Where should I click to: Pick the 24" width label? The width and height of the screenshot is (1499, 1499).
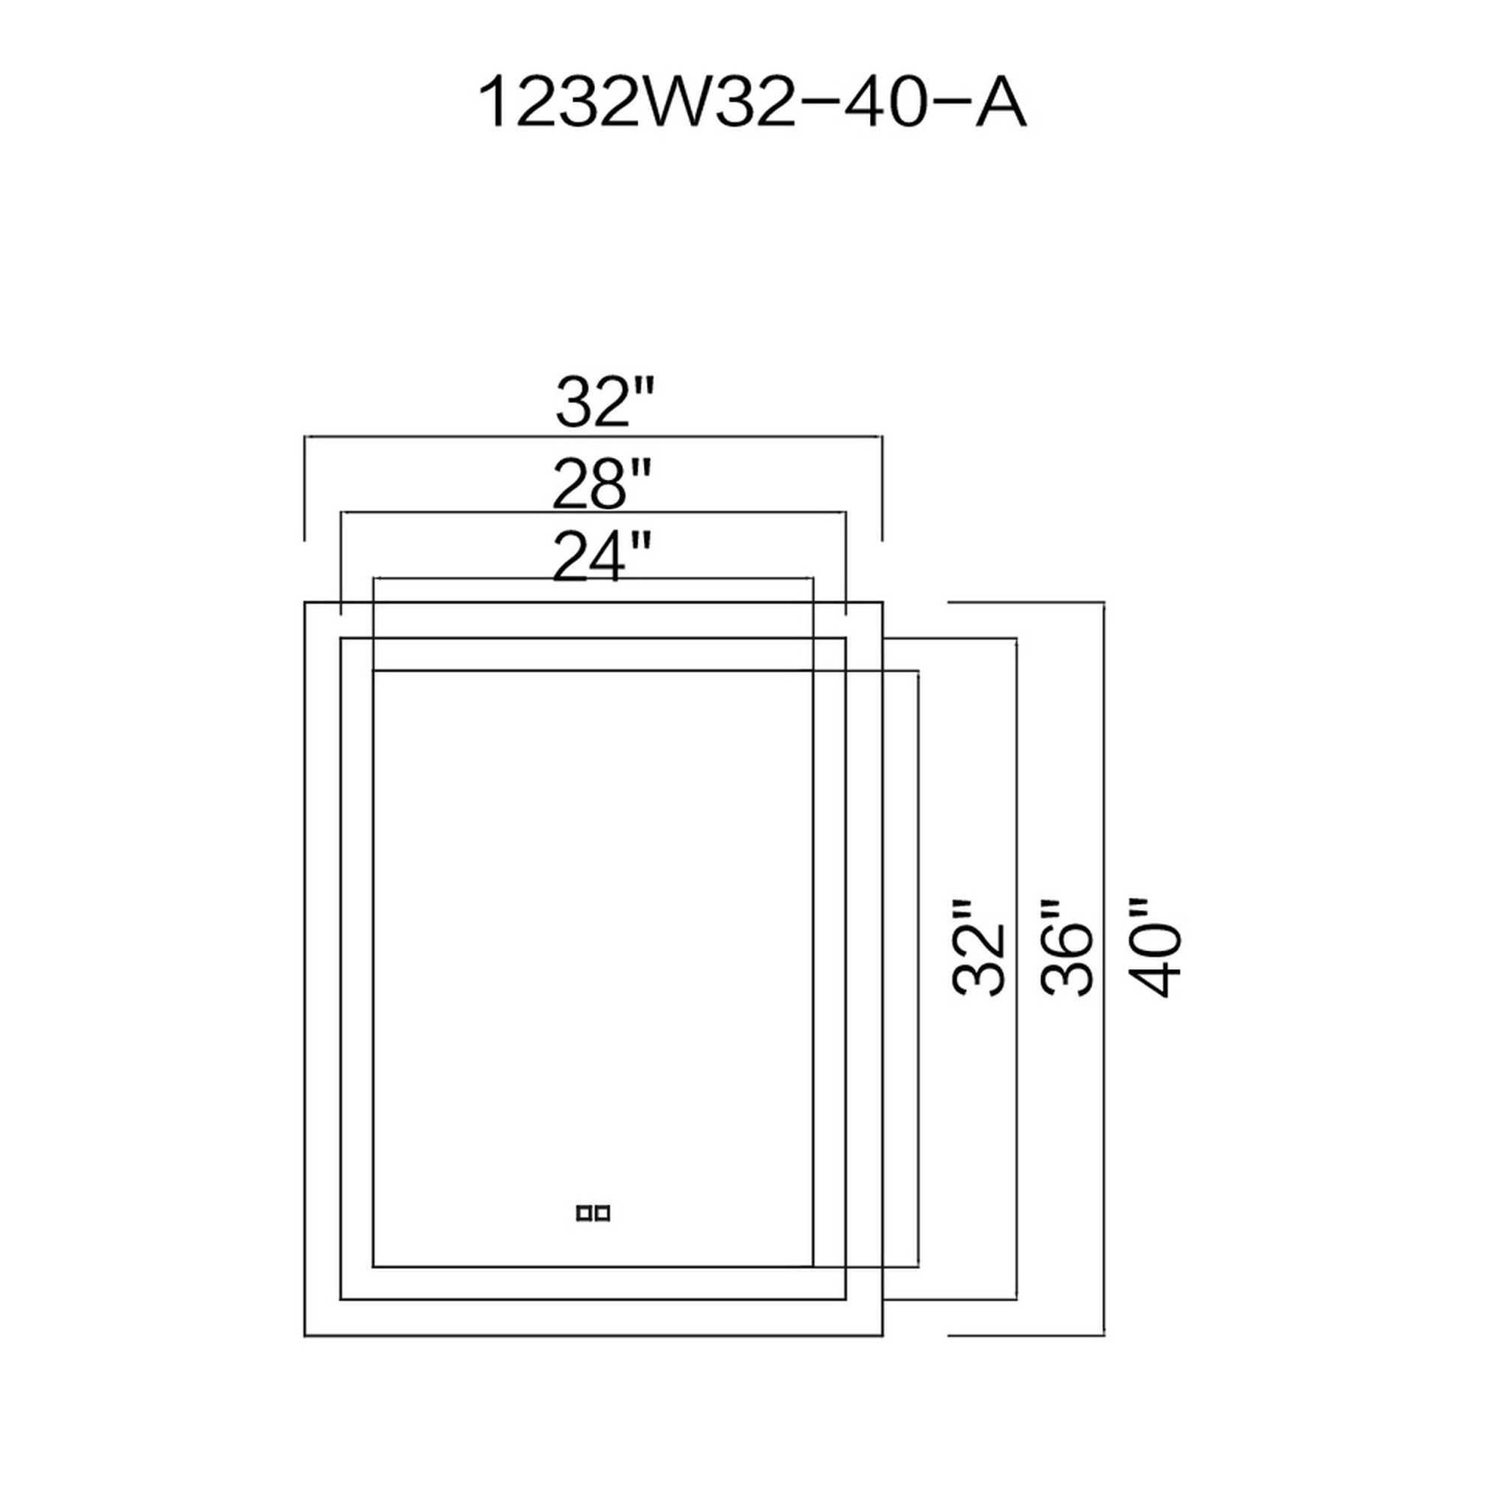tap(600, 556)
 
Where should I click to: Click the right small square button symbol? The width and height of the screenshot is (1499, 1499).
tap(602, 1213)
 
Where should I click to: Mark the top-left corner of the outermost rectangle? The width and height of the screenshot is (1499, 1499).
tap(305, 602)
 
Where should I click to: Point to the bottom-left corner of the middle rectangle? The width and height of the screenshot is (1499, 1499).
tap(341, 1299)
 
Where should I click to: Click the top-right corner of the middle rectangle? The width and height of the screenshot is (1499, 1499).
tap(845, 639)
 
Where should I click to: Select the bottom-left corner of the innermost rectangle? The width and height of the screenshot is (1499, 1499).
tap(374, 1267)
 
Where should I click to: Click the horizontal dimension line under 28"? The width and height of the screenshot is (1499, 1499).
tap(594, 512)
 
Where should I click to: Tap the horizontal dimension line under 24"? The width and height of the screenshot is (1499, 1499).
tap(594, 578)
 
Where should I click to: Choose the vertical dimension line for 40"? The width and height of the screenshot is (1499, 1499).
tap(1103, 776)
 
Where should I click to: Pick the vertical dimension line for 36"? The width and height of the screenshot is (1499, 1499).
tap(1016, 776)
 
